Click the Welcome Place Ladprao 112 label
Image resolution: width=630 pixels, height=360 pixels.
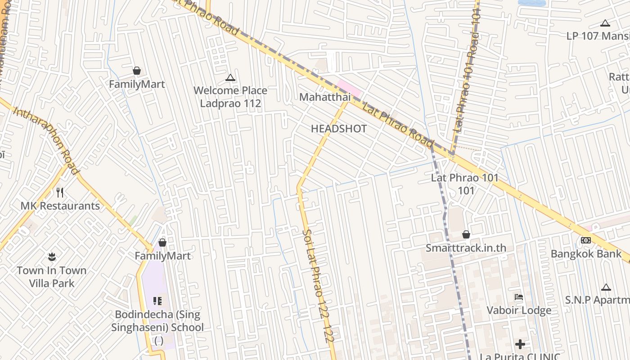point(230,97)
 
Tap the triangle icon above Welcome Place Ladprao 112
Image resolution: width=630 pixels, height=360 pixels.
point(230,78)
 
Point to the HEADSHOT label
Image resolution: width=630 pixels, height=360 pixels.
point(339,129)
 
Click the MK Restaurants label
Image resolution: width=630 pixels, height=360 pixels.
point(60,206)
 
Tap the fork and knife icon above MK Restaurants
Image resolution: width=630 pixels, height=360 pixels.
point(60,193)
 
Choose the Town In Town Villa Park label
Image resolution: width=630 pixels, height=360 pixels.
point(51,277)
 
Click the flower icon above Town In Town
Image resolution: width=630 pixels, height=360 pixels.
point(52,257)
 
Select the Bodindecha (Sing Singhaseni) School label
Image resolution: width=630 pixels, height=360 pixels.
point(157,321)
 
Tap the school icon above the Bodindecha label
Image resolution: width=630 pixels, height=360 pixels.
point(157,301)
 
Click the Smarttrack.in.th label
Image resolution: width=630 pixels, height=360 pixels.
point(466,248)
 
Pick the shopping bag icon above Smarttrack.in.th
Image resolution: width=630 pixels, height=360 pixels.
point(466,234)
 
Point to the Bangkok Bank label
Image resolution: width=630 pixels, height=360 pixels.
point(586,254)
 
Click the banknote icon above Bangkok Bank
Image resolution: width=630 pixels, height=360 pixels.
point(585,240)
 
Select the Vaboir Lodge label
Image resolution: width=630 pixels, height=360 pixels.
point(519,310)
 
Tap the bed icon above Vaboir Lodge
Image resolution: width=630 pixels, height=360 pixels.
point(519,297)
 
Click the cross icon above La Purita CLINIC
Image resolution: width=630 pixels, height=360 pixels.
point(520,344)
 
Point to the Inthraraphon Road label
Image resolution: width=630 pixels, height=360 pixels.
point(46,140)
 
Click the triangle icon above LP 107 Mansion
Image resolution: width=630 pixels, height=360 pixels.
point(605,23)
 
